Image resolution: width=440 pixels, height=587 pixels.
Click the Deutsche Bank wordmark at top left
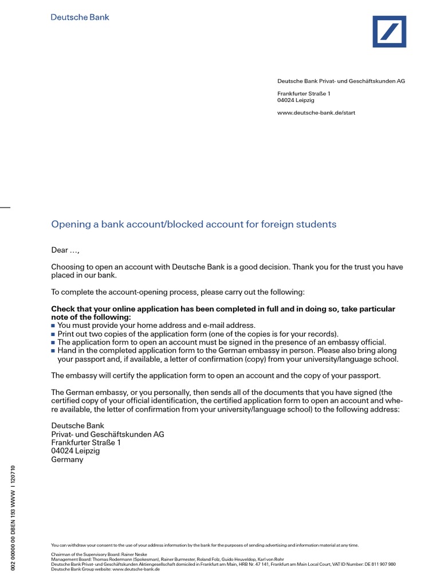[x=80, y=17]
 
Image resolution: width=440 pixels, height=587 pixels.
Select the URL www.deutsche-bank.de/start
[x=316, y=113]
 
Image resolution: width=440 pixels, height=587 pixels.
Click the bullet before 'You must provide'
[x=54, y=326]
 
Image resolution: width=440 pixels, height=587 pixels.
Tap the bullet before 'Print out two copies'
[x=54, y=334]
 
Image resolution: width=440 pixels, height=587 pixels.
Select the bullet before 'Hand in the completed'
[x=54, y=351]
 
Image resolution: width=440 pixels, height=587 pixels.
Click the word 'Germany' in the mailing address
[x=67, y=459]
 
